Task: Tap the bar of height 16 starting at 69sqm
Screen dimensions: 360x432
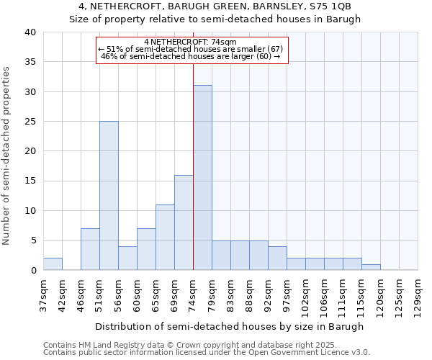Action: pyautogui.click(x=184, y=222)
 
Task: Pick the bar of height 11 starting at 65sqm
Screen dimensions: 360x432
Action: pyautogui.click(x=165, y=238)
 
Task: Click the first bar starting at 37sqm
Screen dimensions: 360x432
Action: pyautogui.click(x=53, y=264)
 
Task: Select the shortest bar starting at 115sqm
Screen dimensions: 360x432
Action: pyautogui.click(x=371, y=267)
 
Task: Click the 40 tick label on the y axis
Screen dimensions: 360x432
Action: pyautogui.click(x=30, y=32)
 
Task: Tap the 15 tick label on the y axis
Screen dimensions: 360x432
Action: pyautogui.click(x=30, y=181)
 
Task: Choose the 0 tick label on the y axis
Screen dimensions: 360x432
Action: pyautogui.click(x=32, y=271)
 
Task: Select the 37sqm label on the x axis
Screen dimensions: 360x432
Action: pyautogui.click(x=43, y=292)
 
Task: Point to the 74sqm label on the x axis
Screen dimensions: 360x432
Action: pyautogui.click(x=193, y=292)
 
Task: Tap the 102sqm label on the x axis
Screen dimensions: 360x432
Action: pyautogui.click(x=305, y=294)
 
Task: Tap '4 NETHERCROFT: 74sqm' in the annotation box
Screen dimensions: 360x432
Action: pyautogui.click(x=190, y=42)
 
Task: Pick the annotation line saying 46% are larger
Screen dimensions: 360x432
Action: pyautogui.click(x=190, y=56)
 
